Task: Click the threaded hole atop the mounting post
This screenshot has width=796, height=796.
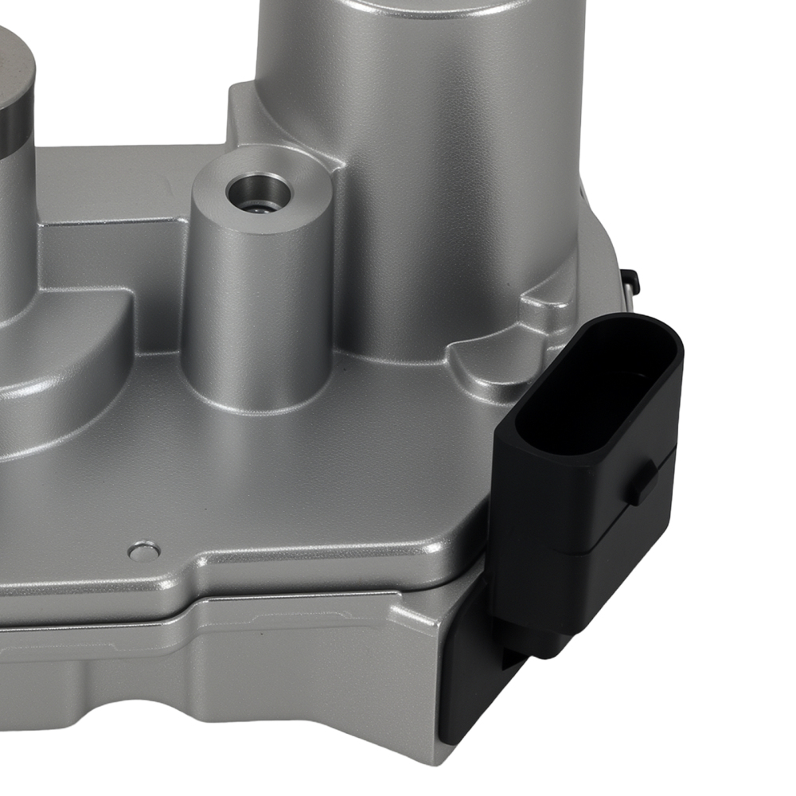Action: pyautogui.click(x=259, y=192)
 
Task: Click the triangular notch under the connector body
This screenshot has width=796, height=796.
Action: pyautogui.click(x=509, y=653)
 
